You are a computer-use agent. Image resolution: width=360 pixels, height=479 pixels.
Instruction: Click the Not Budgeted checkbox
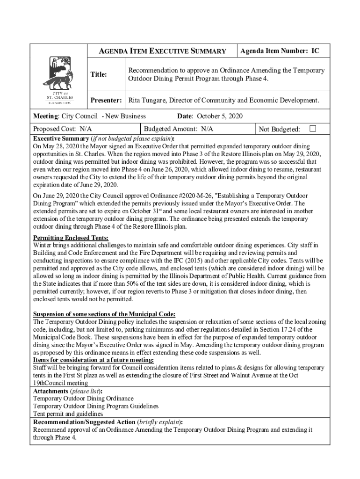point(313,129)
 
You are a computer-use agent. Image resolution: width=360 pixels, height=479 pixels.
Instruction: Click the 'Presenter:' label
point(106,100)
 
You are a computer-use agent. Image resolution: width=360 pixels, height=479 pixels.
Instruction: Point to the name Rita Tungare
point(147,100)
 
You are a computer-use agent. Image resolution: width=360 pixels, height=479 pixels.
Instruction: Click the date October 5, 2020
point(220,116)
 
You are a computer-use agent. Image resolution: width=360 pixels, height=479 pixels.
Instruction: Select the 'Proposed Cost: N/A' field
point(62,129)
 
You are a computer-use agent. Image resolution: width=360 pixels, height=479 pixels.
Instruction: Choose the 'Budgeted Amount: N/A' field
point(179,129)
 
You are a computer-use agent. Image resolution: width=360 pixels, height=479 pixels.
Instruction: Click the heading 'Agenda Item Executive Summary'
point(162,51)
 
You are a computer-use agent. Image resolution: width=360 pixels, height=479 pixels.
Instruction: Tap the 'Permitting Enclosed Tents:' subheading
point(71,238)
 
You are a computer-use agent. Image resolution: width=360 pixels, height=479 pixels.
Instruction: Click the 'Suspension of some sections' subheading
point(104,314)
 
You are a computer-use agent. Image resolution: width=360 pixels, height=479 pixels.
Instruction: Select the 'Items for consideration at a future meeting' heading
point(93,360)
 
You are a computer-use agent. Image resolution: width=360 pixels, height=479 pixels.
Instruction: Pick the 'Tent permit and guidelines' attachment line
point(68,414)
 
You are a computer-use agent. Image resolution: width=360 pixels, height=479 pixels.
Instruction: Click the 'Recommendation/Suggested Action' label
point(84,421)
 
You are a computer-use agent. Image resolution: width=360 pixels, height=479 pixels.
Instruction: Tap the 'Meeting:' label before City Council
point(46,116)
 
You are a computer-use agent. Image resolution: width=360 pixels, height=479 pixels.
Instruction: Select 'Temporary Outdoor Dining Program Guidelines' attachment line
point(95,406)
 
